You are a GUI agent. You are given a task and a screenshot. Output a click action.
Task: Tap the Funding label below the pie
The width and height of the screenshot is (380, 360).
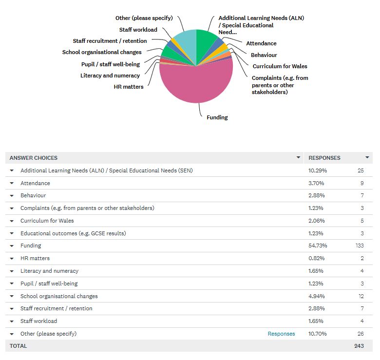217,117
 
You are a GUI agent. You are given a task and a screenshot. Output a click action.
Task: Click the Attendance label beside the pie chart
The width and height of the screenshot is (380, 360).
261,43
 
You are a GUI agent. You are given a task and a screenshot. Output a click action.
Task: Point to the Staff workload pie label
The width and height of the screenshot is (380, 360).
138,30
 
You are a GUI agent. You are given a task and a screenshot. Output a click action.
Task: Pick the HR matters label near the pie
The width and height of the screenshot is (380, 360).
129,87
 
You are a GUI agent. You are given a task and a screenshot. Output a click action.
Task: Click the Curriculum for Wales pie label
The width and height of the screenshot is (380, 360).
280,66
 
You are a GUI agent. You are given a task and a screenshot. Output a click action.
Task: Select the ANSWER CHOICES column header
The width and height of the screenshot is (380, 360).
34,158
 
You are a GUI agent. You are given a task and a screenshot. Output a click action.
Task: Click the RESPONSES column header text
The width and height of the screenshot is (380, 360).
324,158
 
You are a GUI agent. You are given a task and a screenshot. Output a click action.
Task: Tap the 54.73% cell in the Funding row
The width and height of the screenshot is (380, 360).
317,246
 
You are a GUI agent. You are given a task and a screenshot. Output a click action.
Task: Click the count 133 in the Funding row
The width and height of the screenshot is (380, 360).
359,246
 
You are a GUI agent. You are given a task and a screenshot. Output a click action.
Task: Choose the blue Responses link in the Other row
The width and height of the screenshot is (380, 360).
281,334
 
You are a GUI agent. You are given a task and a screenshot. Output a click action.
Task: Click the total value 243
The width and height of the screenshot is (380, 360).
359,346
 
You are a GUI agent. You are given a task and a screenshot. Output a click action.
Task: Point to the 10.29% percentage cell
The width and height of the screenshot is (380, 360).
317,171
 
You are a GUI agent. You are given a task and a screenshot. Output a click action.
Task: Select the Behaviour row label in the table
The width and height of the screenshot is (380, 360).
33,195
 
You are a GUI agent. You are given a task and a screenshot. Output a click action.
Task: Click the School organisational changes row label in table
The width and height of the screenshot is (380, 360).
59,296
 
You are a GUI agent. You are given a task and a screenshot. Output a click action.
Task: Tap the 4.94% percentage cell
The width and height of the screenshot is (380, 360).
317,296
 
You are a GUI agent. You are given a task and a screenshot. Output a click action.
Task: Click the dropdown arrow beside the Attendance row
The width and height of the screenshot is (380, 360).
12,183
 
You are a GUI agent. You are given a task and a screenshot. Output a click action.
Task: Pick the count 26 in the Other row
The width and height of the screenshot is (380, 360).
361,334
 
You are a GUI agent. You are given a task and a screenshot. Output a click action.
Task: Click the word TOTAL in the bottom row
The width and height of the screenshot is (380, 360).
19,346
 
